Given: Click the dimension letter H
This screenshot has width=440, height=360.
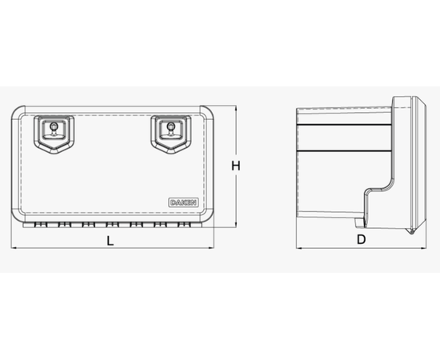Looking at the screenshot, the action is [x=236, y=166].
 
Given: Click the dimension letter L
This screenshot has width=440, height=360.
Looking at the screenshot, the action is [x=110, y=241].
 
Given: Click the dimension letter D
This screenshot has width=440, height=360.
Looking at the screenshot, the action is [x=361, y=240].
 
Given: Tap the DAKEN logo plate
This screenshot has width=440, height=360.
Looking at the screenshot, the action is [x=183, y=202].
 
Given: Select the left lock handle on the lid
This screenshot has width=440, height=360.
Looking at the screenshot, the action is [x=54, y=134].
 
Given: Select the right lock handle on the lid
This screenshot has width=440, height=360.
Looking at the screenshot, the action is [x=171, y=134].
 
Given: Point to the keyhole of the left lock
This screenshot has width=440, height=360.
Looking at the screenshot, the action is [x=54, y=126].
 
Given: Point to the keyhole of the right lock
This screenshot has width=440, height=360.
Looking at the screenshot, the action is [x=170, y=126].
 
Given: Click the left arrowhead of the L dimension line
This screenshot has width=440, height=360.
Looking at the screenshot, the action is [x=13, y=248].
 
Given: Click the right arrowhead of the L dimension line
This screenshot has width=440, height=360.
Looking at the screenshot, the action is [x=212, y=248].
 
